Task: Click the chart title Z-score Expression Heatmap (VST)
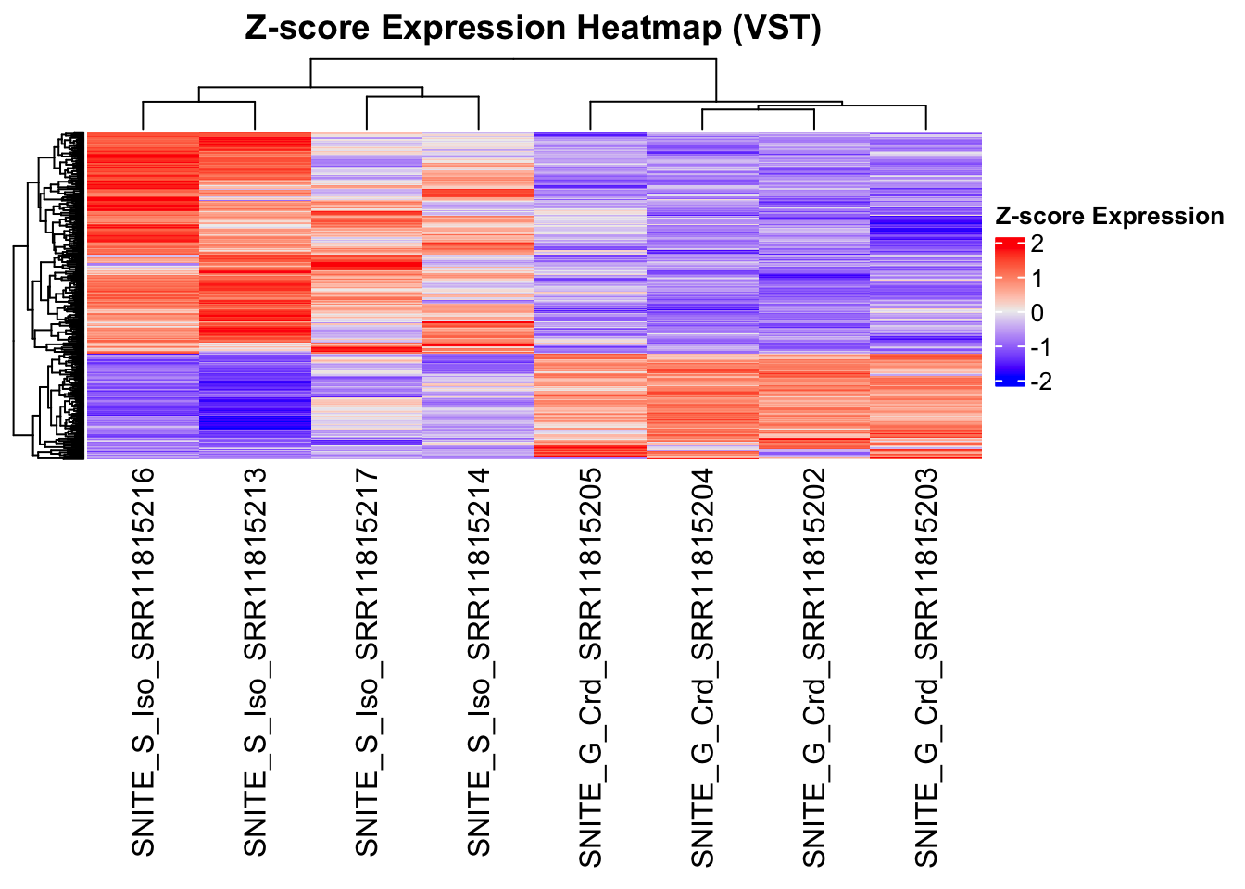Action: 533,28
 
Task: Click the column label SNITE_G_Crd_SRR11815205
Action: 590,667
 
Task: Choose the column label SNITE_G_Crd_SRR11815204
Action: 702,667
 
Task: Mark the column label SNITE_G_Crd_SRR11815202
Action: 814,667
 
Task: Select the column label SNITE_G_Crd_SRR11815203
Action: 926,667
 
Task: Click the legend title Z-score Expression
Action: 1109,217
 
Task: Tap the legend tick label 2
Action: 1037,244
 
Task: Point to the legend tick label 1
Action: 1037,279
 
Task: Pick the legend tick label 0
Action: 1037,313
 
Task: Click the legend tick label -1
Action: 1040,347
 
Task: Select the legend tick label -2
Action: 1040,382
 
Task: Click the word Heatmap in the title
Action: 648,28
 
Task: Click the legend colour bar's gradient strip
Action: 1009,311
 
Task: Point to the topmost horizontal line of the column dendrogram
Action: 513,60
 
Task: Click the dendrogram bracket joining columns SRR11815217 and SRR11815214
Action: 422,97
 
